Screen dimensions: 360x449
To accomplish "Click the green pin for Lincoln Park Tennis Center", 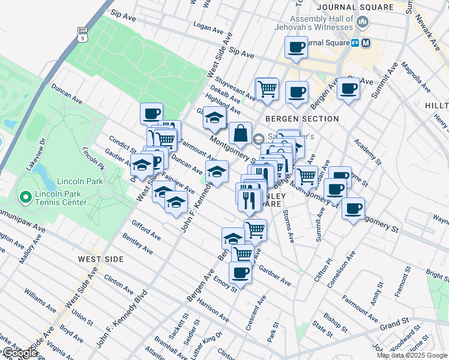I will click(25, 196).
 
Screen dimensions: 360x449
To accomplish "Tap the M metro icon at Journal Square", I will click(366, 43).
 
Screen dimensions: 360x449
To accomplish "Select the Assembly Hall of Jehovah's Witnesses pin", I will click(362, 23).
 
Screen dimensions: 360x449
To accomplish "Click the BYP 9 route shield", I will click(82, 35).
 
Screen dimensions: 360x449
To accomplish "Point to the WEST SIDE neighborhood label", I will click(101, 259).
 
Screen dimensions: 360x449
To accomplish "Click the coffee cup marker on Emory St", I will click(240, 273).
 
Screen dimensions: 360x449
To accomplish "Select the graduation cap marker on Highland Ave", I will click(214, 118).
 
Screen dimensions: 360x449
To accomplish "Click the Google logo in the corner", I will click(19, 353).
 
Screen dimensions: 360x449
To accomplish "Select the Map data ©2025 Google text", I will click(412, 355).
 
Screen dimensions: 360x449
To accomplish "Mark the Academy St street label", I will click(368, 151).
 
